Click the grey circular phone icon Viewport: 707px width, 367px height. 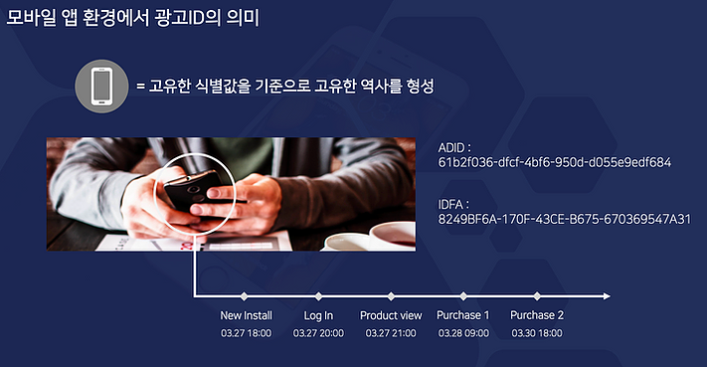point(101,87)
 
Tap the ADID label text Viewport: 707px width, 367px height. point(454,148)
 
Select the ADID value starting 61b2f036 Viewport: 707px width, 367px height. point(555,162)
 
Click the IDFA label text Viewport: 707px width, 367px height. point(453,205)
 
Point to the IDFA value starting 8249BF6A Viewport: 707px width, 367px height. point(565,219)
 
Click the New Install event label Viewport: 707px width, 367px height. point(247,315)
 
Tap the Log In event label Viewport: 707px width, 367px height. point(318,316)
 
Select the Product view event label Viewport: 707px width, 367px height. point(391,315)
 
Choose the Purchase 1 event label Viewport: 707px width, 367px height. point(463,315)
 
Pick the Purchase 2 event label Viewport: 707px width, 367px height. point(537,315)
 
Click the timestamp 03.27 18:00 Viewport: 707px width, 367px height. point(247,333)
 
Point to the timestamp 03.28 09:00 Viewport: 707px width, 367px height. point(463,333)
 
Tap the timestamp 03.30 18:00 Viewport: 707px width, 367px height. point(537,333)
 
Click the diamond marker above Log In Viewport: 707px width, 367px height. point(318,296)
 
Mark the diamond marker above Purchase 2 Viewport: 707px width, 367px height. point(537,296)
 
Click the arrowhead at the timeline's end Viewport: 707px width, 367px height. point(607,296)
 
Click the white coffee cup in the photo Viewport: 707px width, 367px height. point(392,234)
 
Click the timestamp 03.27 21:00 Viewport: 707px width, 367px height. point(391,333)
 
